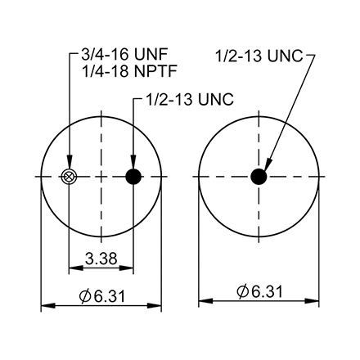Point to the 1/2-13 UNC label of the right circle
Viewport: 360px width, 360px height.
(x=259, y=56)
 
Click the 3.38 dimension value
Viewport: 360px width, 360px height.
(x=101, y=259)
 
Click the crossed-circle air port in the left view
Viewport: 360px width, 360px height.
(x=70, y=177)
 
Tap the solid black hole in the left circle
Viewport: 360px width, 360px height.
(x=134, y=177)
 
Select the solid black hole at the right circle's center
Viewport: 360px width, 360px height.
(x=259, y=177)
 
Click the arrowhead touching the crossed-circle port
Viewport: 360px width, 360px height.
(x=70, y=166)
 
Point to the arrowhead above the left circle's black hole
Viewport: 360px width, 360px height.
(x=134, y=164)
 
